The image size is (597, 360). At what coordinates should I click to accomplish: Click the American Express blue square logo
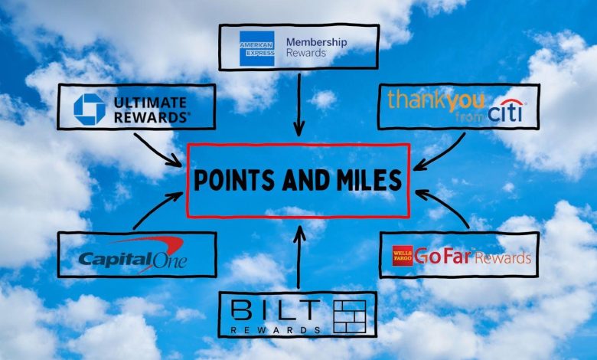pyautogui.click(x=257, y=48)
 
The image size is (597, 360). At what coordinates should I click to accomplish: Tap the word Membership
pyautogui.click(x=316, y=42)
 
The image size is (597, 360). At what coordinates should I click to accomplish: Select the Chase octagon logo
pyautogui.click(x=90, y=110)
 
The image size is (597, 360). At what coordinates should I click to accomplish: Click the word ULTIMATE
pyautogui.click(x=150, y=103)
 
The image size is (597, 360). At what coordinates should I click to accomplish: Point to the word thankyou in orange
pyautogui.click(x=436, y=100)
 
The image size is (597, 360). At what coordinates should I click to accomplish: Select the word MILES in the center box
pyautogui.click(x=365, y=180)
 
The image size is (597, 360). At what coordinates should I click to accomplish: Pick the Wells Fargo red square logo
pyautogui.click(x=403, y=255)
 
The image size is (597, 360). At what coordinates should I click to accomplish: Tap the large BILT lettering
pyautogui.click(x=276, y=309)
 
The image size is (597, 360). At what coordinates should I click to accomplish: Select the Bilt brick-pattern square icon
pyautogui.click(x=350, y=316)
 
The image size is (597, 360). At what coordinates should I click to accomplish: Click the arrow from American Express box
pyautogui.click(x=298, y=104)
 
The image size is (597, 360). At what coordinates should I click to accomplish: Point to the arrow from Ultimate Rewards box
pyautogui.click(x=158, y=150)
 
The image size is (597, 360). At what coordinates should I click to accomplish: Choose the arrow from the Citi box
pyautogui.click(x=439, y=152)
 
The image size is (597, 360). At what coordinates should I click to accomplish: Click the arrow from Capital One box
pyautogui.click(x=158, y=211)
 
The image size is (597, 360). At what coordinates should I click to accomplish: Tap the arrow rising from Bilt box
pyautogui.click(x=299, y=257)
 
